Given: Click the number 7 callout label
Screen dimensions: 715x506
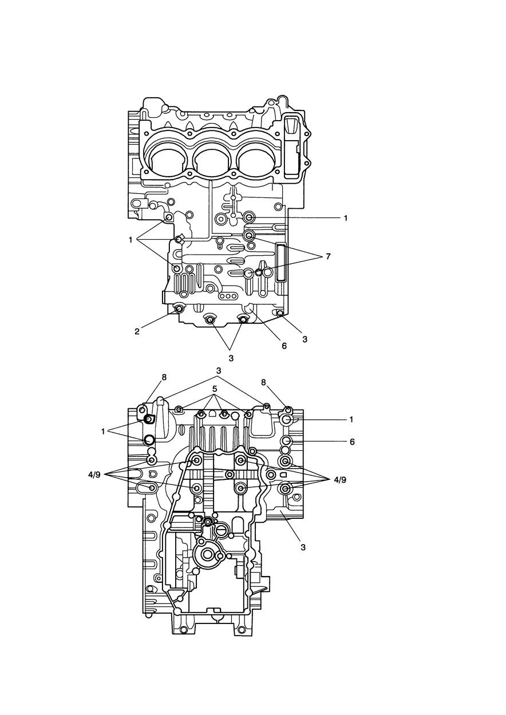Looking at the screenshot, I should (x=328, y=257).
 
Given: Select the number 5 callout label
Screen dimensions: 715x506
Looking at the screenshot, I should (x=215, y=389).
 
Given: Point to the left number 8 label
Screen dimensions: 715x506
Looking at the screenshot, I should (x=164, y=377).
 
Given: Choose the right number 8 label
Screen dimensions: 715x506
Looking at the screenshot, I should (x=263, y=382).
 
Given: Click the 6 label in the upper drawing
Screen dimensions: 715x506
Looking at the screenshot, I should (x=284, y=345).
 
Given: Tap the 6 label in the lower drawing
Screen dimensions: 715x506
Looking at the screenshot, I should (x=352, y=442).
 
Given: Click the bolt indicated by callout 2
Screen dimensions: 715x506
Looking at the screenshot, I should (x=179, y=309).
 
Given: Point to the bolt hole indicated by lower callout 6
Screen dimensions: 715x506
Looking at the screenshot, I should (x=287, y=440).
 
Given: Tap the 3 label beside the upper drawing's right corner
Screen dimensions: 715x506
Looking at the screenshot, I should (x=305, y=339).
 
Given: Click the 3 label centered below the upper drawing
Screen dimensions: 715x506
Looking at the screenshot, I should (x=231, y=358).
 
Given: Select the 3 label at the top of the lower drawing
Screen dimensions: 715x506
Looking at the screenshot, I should (x=219, y=371).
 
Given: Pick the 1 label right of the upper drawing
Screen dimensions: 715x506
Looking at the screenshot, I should (x=345, y=218).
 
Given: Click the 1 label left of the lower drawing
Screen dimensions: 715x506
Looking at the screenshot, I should (x=104, y=431).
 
